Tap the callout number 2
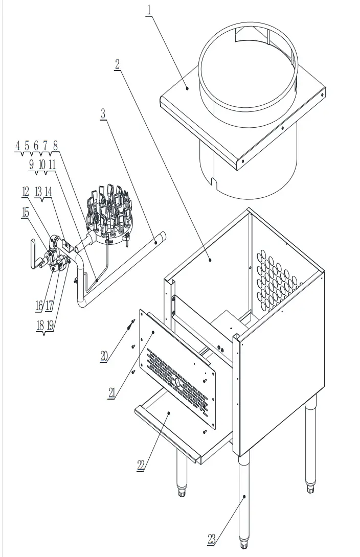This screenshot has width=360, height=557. point(118,64)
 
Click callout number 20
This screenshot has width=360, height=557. point(104,356)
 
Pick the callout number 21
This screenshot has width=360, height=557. point(111,392)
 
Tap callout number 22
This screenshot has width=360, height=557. point(141,465)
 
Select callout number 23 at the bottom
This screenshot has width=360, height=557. point(212,539)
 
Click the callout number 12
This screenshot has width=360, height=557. point(26,192)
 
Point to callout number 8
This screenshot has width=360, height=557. point(55,146)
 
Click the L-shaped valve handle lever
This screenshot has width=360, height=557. point(33,254)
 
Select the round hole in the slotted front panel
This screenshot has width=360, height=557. point(177,382)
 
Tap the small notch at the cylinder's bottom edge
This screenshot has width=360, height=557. point(213,181)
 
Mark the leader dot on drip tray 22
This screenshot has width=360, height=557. point(168,411)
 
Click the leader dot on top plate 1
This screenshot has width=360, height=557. point(188,88)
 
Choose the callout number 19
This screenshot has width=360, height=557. point(50,325)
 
